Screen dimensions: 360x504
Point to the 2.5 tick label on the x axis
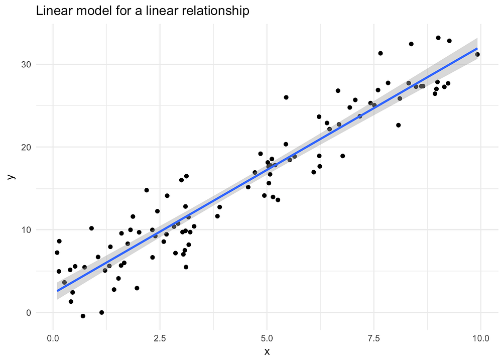coord(160,337)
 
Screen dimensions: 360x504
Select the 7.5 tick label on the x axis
coord(374,337)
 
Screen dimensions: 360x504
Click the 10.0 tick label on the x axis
coord(480,337)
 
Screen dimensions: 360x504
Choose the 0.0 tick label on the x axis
coord(53,337)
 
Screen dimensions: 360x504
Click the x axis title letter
coord(267,351)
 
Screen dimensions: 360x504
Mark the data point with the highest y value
coord(438,38)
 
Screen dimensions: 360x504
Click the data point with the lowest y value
coord(83,316)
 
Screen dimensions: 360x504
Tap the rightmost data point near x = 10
coord(477,54)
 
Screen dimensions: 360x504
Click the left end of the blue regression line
coord(57,290)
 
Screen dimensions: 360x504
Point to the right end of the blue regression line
coord(477,48)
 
